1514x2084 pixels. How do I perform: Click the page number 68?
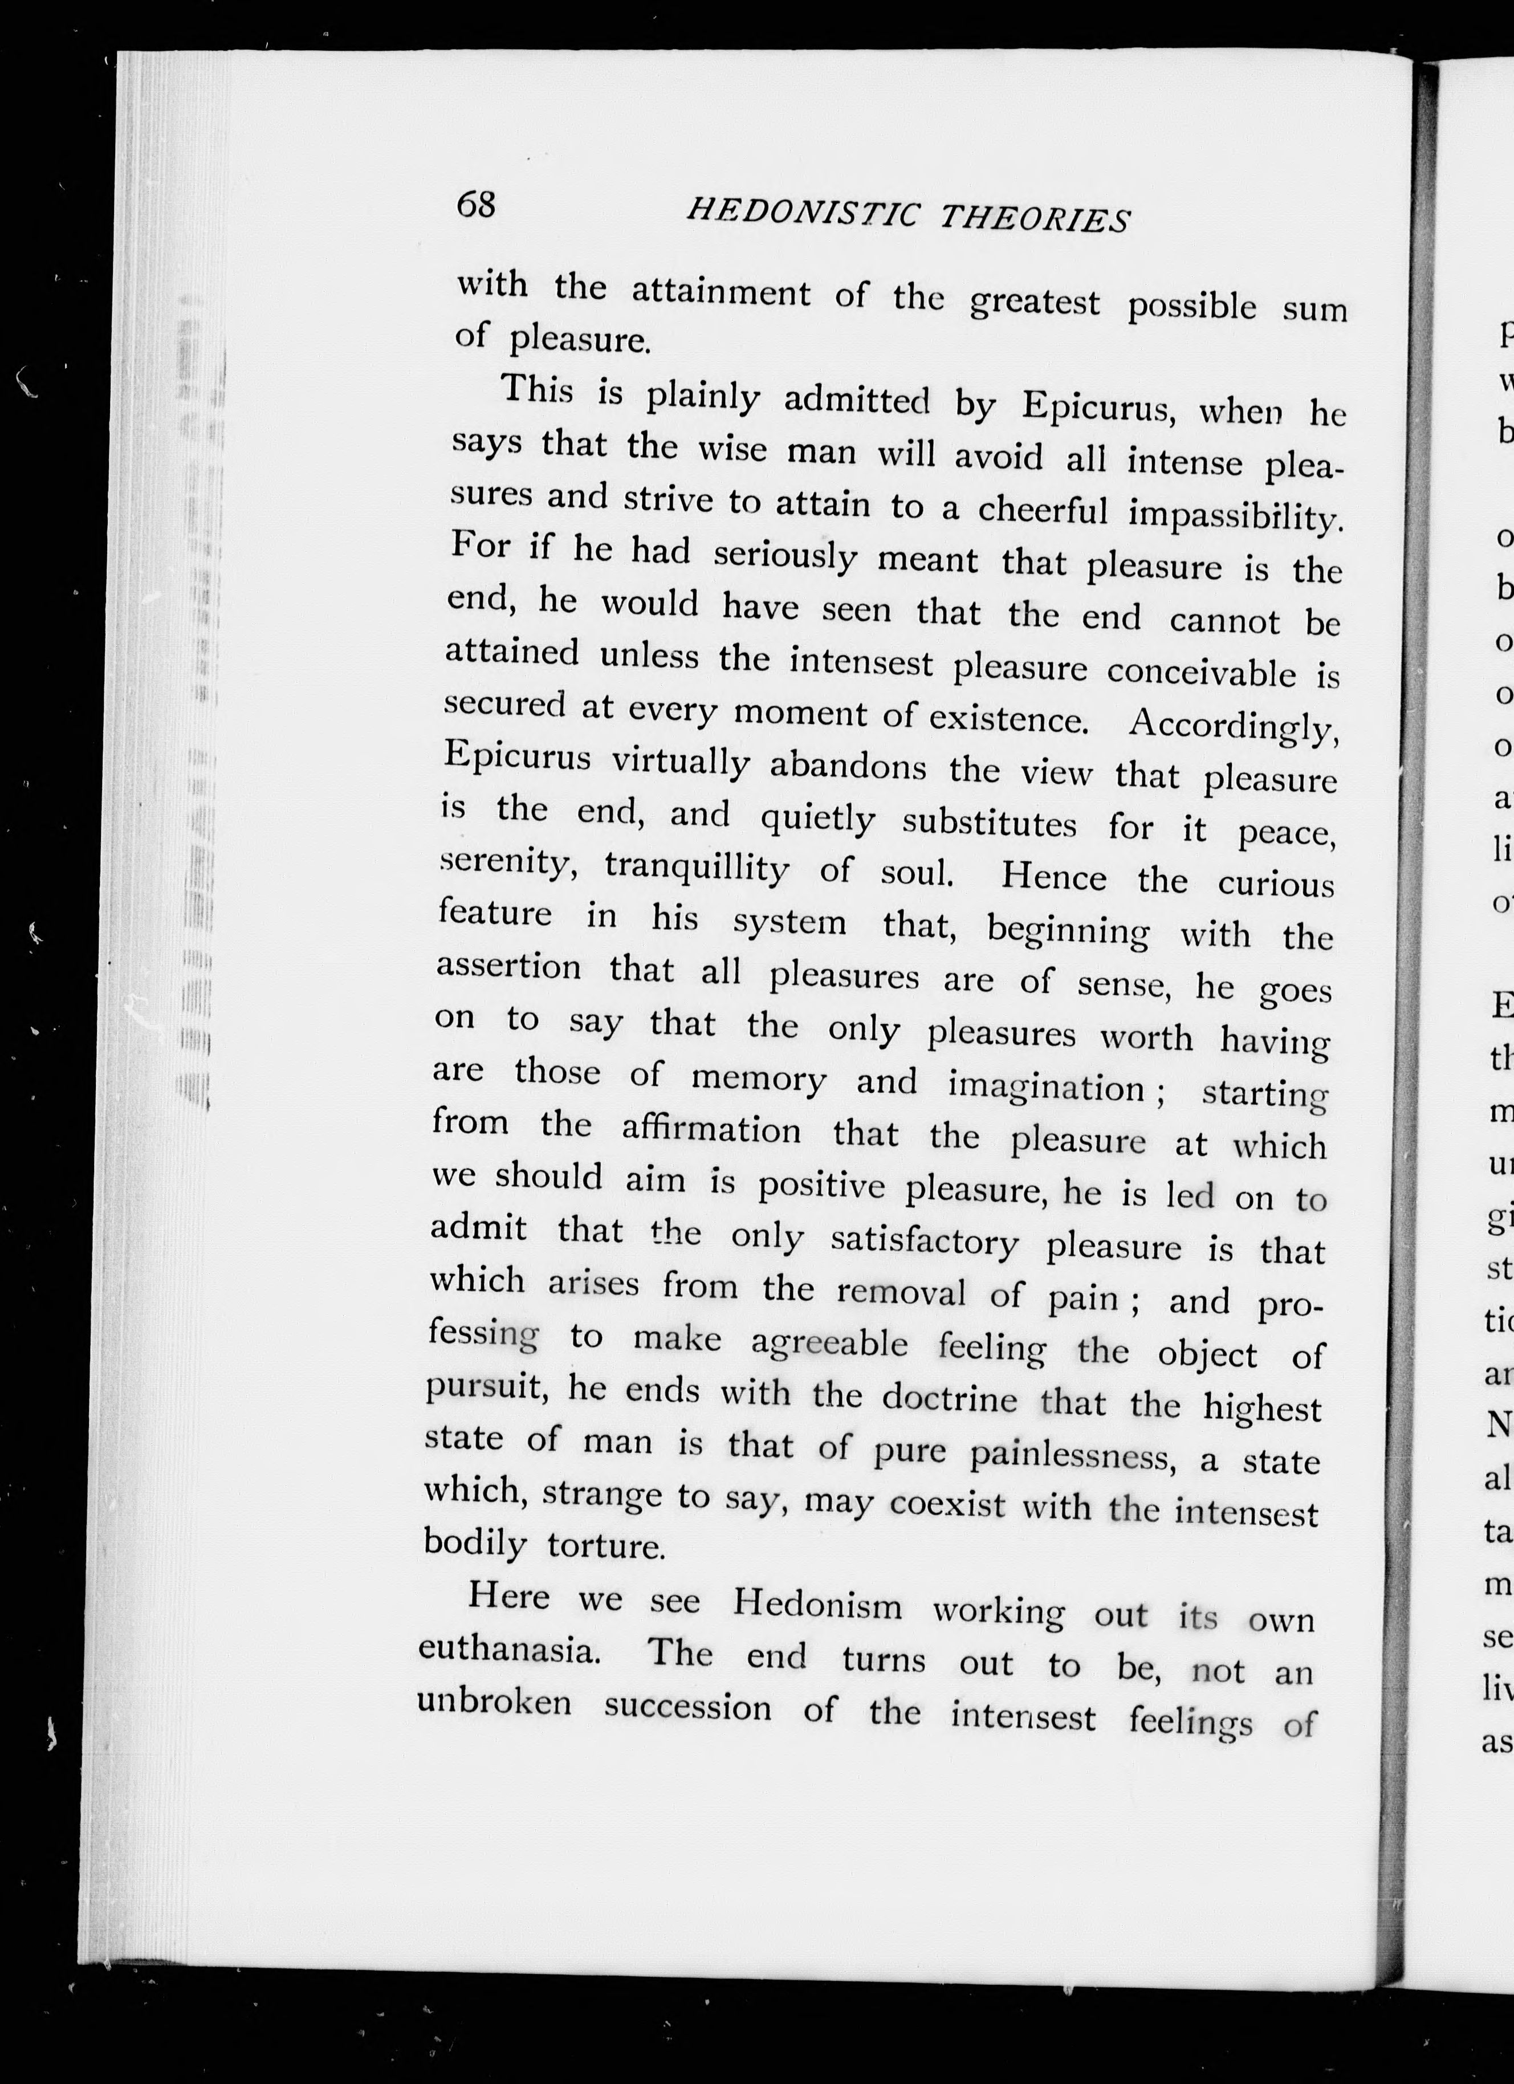click(476, 204)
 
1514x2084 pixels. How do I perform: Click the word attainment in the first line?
click(721, 292)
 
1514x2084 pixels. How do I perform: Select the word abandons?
click(848, 766)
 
